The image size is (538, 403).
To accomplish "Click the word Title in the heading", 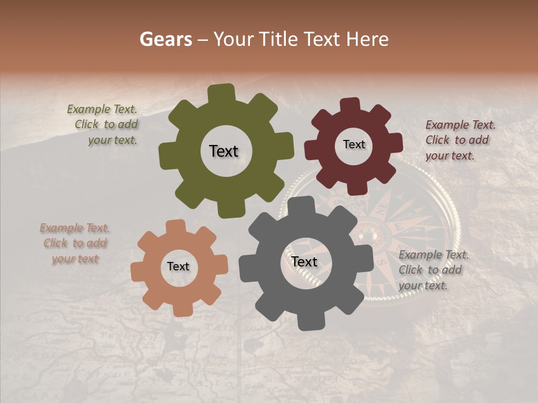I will pyautogui.click(x=279, y=39).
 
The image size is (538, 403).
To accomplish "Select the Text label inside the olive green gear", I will pyautogui.click(x=224, y=151).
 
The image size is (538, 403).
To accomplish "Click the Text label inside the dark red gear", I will pyautogui.click(x=354, y=144).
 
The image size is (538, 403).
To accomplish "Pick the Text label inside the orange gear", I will pyautogui.click(x=178, y=266).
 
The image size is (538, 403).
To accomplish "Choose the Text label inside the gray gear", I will pyautogui.click(x=304, y=261).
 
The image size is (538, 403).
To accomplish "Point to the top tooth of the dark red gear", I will pyautogui.click(x=350, y=105).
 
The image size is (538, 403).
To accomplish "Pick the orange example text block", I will pyautogui.click(x=75, y=243).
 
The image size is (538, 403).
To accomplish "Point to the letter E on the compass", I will pyautogui.click(x=400, y=227).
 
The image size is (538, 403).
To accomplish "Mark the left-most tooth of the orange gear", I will pyautogui.click(x=137, y=271).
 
